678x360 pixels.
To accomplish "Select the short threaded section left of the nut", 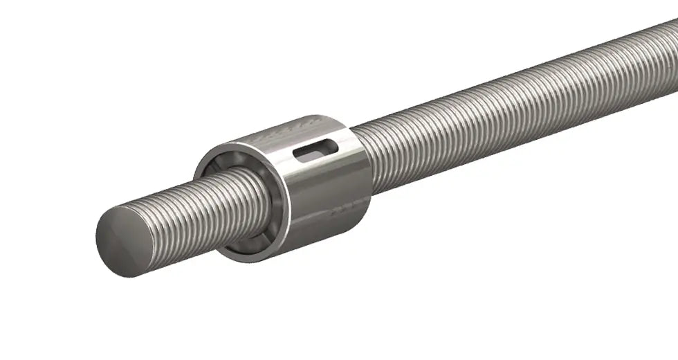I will (201, 208).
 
